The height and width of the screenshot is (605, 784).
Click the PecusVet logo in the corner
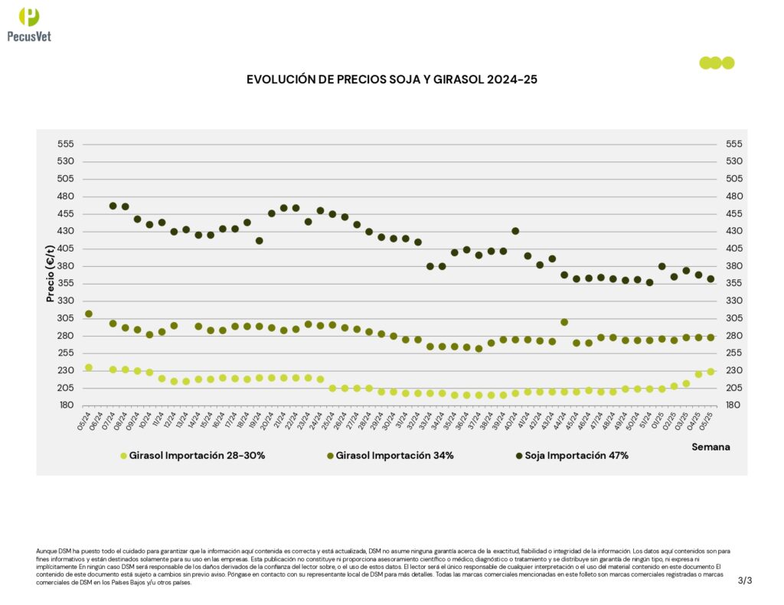tap(29, 24)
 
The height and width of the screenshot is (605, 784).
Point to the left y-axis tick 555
tap(65, 144)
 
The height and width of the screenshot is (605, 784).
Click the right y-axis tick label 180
tap(724, 405)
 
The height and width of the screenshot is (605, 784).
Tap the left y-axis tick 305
tap(65, 318)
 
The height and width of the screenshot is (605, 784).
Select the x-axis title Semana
tap(710, 447)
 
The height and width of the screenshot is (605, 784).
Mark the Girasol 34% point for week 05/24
tap(89, 314)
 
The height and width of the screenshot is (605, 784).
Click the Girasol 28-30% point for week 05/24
tap(89, 368)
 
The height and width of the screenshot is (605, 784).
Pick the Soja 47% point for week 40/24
tap(515, 231)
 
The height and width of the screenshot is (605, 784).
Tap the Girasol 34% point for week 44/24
tap(564, 322)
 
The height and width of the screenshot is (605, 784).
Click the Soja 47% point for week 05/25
tap(710, 279)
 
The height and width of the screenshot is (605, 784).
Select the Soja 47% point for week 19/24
tap(260, 240)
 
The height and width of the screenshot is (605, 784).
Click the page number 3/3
tap(745, 581)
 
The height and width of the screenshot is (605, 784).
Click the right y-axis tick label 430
tap(724, 231)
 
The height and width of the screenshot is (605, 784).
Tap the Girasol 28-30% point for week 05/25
tap(710, 372)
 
